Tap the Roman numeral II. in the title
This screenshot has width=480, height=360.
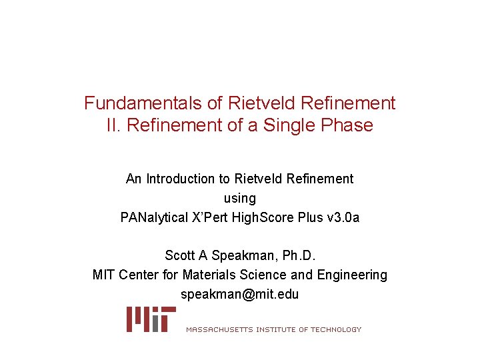coord(113,125)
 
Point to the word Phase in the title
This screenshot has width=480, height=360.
coord(348,125)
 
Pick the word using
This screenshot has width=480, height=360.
coord(240,198)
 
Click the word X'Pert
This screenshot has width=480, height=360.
coord(221,217)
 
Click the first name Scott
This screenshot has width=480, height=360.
coord(179,255)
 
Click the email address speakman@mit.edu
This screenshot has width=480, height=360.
coord(240,294)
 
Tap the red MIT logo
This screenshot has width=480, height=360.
coord(151,319)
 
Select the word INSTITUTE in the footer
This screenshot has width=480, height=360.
coord(275,329)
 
